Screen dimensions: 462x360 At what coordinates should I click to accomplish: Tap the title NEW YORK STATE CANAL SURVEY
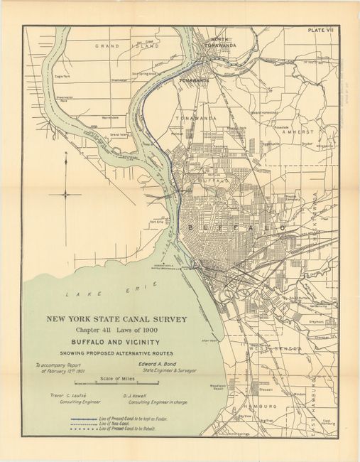(x=117, y=319)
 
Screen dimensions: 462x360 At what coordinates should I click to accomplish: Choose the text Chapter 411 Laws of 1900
(x=117, y=331)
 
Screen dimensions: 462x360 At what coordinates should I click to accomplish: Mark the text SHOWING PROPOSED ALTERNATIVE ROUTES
(x=117, y=352)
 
